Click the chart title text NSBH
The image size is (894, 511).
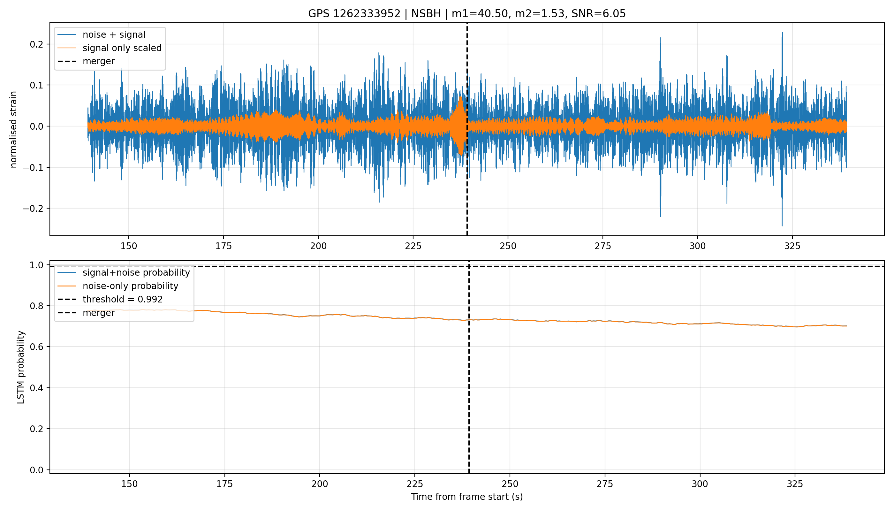tap(426, 14)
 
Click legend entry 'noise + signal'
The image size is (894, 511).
tap(114, 34)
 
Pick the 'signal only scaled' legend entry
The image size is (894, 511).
tap(122, 48)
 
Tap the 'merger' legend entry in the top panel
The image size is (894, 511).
tap(99, 61)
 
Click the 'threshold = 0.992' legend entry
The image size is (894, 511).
tap(123, 299)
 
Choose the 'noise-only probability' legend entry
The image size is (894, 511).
tap(131, 286)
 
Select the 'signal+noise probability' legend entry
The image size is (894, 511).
tap(136, 273)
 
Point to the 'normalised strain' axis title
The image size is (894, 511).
tap(13, 129)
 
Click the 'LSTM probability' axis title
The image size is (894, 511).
tap(21, 368)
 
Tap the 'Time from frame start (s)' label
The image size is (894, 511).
tap(467, 497)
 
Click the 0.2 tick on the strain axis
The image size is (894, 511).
tap(36, 44)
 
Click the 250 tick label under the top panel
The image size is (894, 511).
tap(508, 246)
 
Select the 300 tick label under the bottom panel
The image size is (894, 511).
tap(700, 484)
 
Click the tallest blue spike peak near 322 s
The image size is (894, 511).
tap(782, 33)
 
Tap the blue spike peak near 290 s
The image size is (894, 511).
tap(660, 38)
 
